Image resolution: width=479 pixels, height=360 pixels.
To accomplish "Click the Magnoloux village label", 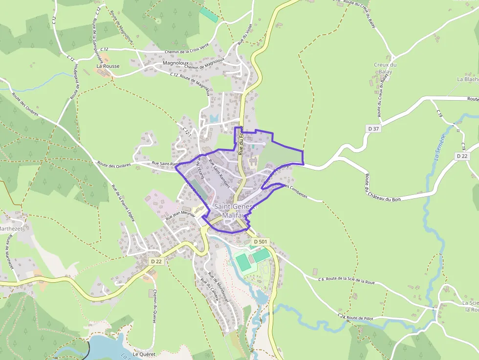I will click(176, 64).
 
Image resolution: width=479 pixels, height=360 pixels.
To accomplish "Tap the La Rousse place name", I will click(108, 66).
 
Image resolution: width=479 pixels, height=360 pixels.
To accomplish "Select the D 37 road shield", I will click(373, 128).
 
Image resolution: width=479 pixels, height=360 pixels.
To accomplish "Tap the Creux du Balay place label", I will click(385, 68).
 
